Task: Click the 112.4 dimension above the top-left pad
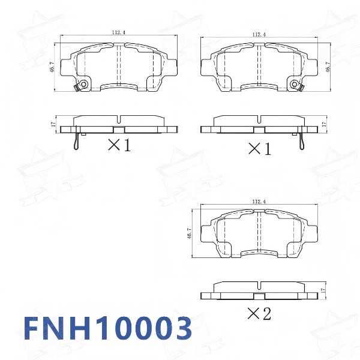point(118,33)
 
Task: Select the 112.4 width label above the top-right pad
point(259,35)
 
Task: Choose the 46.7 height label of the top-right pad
point(328,66)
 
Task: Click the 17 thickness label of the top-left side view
point(53,125)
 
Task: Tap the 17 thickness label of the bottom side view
point(324,290)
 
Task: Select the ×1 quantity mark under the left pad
point(119,145)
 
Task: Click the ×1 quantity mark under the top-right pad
point(259,148)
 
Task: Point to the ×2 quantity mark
point(259,313)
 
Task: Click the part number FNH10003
point(108,329)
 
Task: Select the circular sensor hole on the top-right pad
point(294,84)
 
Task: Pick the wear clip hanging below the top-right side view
point(302,140)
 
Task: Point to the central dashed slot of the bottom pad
point(259,233)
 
